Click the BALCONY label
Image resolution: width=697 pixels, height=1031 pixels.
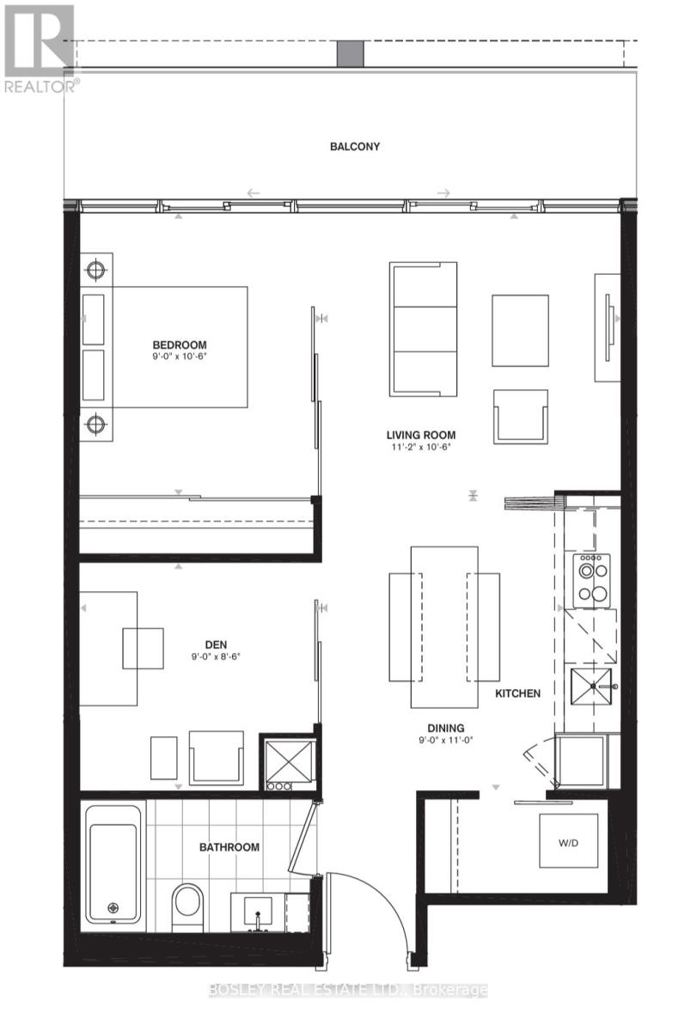(x=355, y=146)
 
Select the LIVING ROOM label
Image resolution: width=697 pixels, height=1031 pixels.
(x=420, y=435)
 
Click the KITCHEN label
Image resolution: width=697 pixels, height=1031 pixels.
(x=517, y=692)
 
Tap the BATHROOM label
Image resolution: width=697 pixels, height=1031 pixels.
(x=229, y=847)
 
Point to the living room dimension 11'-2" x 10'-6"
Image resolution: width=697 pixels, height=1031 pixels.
(x=420, y=448)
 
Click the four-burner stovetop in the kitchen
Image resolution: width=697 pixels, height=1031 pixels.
(x=591, y=580)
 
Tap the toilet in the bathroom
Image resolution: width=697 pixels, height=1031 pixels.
(x=187, y=906)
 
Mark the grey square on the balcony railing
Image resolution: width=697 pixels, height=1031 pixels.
(x=351, y=53)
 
